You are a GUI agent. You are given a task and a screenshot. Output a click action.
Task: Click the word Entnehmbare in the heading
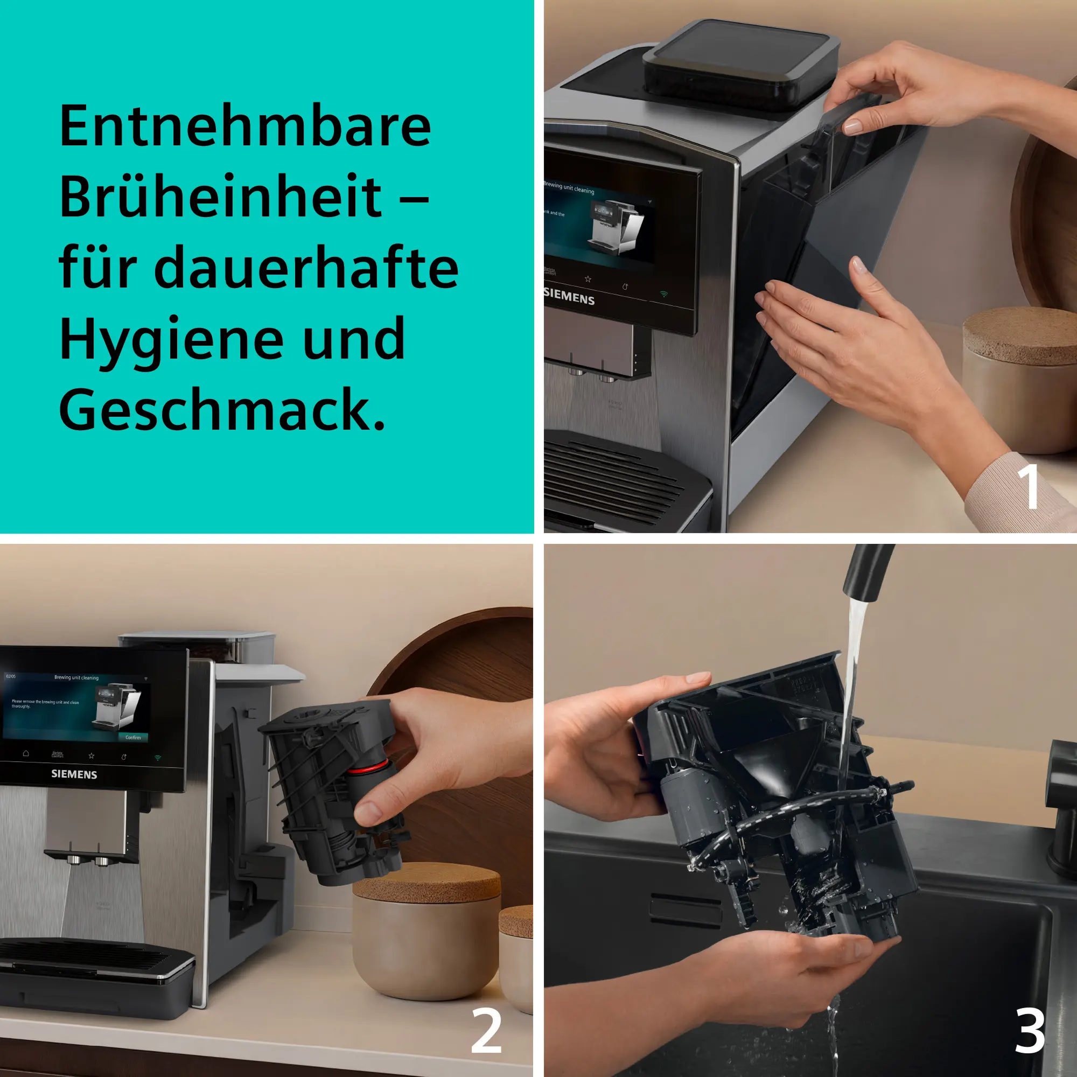(245, 127)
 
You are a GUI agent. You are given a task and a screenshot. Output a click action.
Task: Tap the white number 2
(486, 1030)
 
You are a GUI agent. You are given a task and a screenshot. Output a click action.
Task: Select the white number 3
(1029, 1030)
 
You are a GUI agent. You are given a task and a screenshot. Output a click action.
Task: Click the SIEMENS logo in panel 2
(74, 774)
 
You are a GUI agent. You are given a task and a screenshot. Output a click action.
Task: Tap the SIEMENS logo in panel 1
(569, 297)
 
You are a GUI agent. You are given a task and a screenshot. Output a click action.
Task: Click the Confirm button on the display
(132, 738)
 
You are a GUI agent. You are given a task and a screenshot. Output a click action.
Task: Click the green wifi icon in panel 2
(158, 758)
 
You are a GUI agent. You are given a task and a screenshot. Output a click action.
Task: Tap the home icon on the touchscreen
(26, 753)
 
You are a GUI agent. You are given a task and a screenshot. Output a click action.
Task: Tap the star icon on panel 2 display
(92, 756)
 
